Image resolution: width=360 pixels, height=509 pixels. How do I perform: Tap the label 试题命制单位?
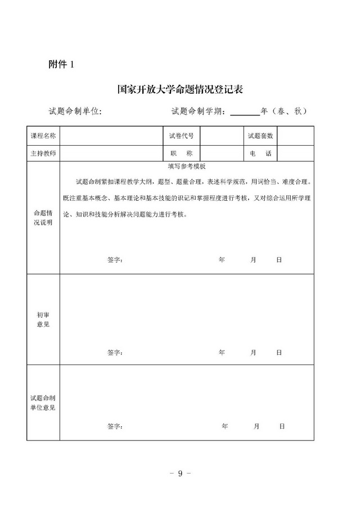click(75, 111)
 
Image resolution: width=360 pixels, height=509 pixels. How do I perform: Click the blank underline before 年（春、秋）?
click(245, 111)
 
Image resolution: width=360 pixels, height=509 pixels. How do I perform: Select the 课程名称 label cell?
click(43, 136)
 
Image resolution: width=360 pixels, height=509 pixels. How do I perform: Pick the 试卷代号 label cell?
click(181, 136)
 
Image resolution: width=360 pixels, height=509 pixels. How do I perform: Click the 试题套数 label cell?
click(260, 136)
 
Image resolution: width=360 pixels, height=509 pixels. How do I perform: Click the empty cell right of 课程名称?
click(110, 136)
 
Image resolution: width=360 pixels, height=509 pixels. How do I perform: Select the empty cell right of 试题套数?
click(296, 136)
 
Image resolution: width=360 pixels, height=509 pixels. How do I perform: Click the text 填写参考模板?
click(187, 167)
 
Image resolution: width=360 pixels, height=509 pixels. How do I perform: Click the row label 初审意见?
click(43, 319)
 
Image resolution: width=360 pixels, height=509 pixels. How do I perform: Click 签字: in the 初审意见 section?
click(115, 353)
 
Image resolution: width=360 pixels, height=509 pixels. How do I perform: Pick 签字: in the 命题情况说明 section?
click(115, 260)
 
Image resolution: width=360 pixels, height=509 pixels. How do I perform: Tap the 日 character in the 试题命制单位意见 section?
click(282, 426)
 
